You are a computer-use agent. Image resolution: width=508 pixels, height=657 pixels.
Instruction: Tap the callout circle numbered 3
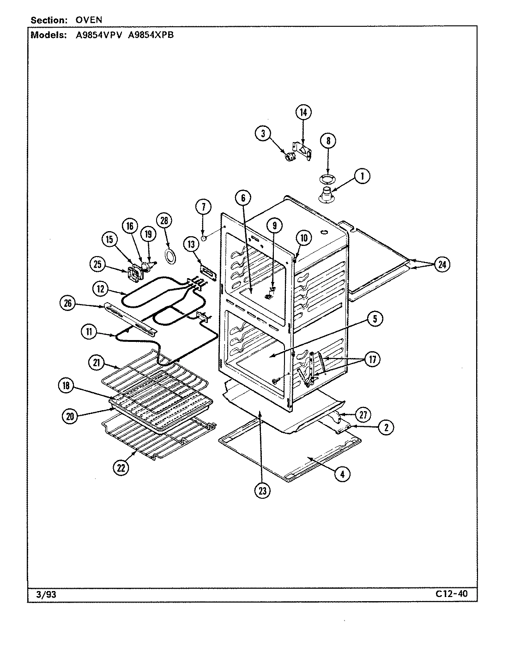pos(262,134)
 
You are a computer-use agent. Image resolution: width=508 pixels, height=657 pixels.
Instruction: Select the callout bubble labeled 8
pos(328,141)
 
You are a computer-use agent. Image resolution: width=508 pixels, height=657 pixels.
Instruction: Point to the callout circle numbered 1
pos(363,176)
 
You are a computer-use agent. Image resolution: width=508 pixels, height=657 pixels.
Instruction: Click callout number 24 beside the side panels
pos(442,264)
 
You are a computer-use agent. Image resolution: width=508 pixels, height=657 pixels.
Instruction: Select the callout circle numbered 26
pos(67,303)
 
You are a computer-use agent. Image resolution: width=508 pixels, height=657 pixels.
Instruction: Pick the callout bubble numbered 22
pos(121,468)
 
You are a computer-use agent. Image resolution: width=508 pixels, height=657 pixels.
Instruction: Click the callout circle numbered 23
pos(262,491)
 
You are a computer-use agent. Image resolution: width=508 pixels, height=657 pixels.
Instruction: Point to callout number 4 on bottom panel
pos(342,473)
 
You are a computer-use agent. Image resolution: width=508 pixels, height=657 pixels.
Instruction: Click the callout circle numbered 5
pos(375,318)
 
